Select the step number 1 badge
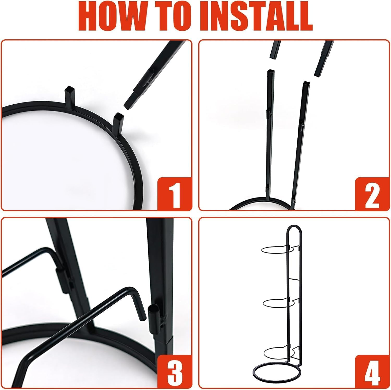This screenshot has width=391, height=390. pyautogui.click(x=175, y=194)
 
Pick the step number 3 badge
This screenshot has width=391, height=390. pyautogui.click(x=175, y=371)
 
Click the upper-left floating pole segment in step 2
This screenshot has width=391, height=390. pyautogui.click(x=276, y=50)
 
